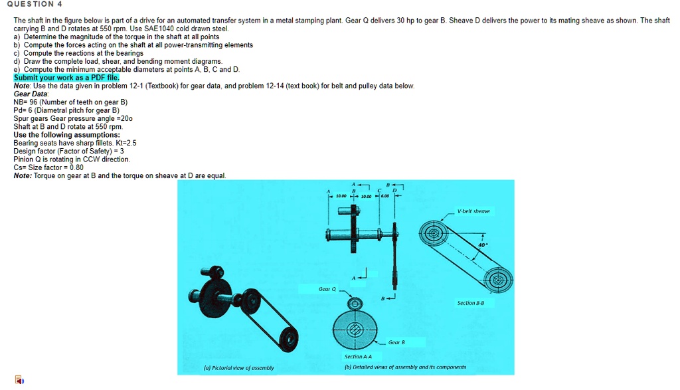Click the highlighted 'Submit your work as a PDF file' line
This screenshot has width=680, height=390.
click(x=66, y=78)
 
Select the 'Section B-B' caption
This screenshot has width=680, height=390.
click(x=470, y=303)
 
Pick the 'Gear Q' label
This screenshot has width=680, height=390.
click(x=327, y=289)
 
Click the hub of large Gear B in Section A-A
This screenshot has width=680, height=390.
click(x=355, y=330)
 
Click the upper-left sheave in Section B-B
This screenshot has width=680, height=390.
click(x=434, y=234)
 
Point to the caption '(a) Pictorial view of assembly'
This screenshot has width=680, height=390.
click(x=238, y=367)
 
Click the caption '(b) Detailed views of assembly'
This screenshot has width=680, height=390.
click(x=405, y=367)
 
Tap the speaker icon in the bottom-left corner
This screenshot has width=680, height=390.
click(x=19, y=381)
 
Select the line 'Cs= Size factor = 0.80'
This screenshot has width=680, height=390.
click(x=48, y=167)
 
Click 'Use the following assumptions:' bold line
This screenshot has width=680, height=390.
click(x=66, y=134)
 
